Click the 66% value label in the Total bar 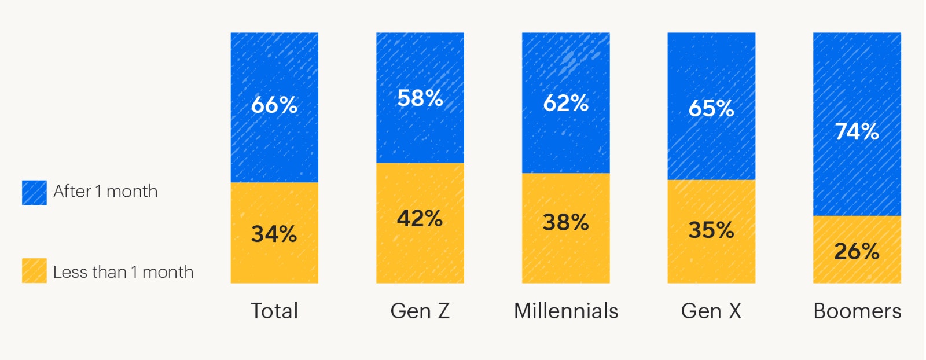(x=274, y=105)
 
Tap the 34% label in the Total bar (x=274, y=234)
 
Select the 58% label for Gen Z (x=420, y=98)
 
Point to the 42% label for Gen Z (x=420, y=219)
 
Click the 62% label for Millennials (x=566, y=104)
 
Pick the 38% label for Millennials (x=566, y=222)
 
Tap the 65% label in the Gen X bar (x=711, y=108)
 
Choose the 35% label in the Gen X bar (x=711, y=230)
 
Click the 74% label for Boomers (x=857, y=131)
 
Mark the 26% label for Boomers (x=857, y=251)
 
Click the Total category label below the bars (x=274, y=311)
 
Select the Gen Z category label (x=420, y=311)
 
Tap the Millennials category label (x=566, y=311)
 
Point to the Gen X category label (x=711, y=311)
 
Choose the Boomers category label (x=857, y=311)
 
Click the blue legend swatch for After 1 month (x=34, y=193)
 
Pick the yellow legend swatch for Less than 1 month (x=34, y=271)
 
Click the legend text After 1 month (x=105, y=192)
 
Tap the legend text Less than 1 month (x=123, y=272)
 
